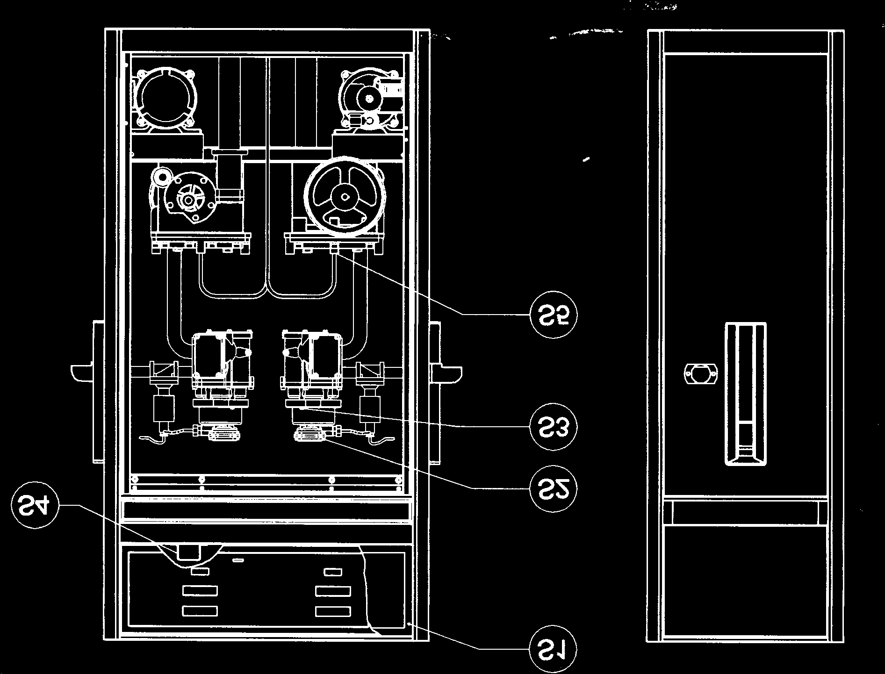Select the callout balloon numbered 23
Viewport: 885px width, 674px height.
tap(554, 426)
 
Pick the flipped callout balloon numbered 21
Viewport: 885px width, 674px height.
tap(554, 648)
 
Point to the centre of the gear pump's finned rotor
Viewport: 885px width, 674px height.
tap(189, 200)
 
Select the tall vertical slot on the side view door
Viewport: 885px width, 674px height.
tap(745, 394)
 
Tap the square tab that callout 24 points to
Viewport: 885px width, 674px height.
tap(189, 552)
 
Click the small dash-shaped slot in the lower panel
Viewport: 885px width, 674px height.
tap(238, 559)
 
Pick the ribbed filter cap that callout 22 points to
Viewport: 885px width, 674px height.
tap(310, 437)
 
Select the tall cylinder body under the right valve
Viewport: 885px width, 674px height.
tap(370, 409)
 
